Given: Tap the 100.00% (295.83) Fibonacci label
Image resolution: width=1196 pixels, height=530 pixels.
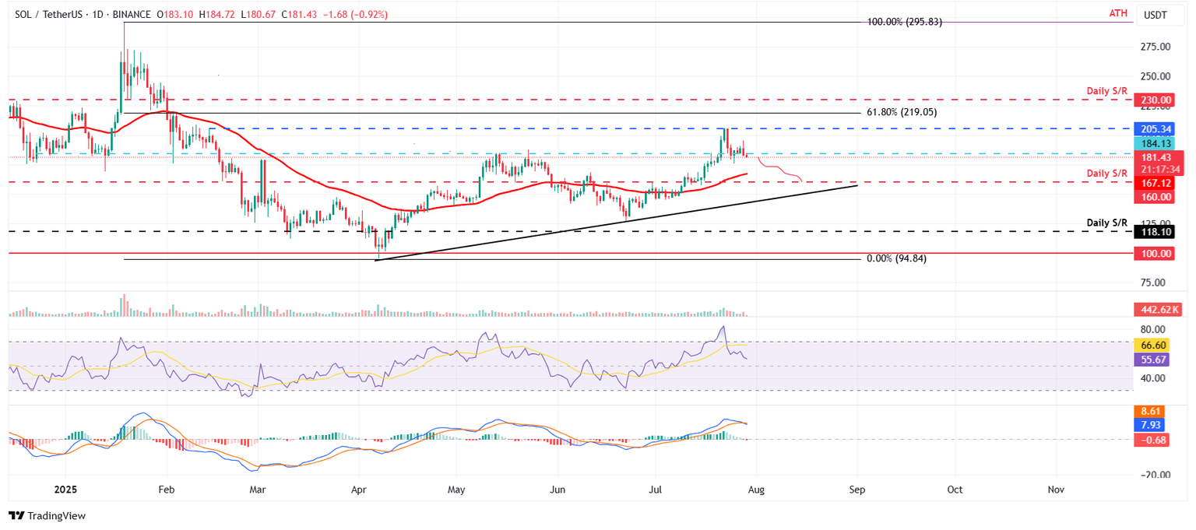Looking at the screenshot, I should point(904,23).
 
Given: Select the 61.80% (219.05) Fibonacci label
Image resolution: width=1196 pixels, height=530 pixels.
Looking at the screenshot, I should point(901,113).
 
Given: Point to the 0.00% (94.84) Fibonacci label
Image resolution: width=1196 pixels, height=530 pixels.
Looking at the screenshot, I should point(896,258).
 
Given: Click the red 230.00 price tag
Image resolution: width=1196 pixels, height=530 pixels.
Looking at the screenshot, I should point(1156,100).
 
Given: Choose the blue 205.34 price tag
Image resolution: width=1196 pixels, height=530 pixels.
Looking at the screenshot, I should point(1156,129).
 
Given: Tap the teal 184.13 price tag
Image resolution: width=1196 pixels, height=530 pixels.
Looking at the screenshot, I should point(1156,143).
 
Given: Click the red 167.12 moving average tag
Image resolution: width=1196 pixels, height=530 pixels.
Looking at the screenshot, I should point(1156,183).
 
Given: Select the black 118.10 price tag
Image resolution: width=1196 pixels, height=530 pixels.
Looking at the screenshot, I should point(1156,232).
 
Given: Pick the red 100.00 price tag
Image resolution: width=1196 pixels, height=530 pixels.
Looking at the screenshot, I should point(1156,254).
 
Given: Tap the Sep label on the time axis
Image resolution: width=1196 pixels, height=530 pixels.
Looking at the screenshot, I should point(857,490).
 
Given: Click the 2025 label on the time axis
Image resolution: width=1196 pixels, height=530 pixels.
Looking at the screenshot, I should point(65,490).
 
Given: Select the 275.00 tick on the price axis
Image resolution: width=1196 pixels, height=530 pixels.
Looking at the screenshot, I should point(1155,47).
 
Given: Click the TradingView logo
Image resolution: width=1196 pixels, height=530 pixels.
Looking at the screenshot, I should point(47,515).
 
